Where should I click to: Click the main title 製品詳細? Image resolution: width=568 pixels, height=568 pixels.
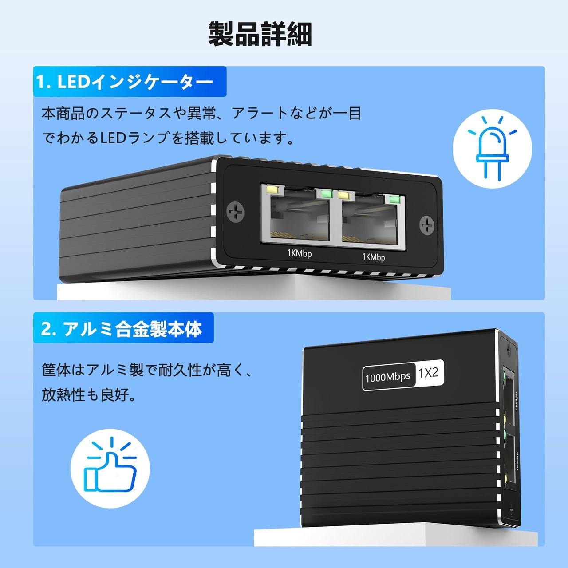pos(260,34)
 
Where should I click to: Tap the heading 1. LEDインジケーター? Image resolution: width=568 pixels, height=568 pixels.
pos(125,82)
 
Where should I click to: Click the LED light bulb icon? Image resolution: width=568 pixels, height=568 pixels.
pos(492,149)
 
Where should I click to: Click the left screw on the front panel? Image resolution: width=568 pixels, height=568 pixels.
pos(236,213)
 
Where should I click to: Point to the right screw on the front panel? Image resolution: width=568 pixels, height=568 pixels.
pos(427,225)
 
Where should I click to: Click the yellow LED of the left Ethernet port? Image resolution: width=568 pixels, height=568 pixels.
pos(272,190)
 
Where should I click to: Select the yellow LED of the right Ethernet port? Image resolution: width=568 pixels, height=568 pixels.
pos(344,194)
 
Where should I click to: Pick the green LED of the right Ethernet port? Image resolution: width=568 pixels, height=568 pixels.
pos(394,198)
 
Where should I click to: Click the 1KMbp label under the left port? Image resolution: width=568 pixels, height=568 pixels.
pos(299,253)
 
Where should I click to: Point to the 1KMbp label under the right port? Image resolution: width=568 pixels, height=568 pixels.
pos(373,257)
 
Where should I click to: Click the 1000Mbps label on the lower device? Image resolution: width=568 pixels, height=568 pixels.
pos(387,377)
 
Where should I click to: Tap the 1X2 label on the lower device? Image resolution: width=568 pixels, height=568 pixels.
pos(428,373)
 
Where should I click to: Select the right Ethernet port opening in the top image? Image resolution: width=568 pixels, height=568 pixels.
pos(370,222)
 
